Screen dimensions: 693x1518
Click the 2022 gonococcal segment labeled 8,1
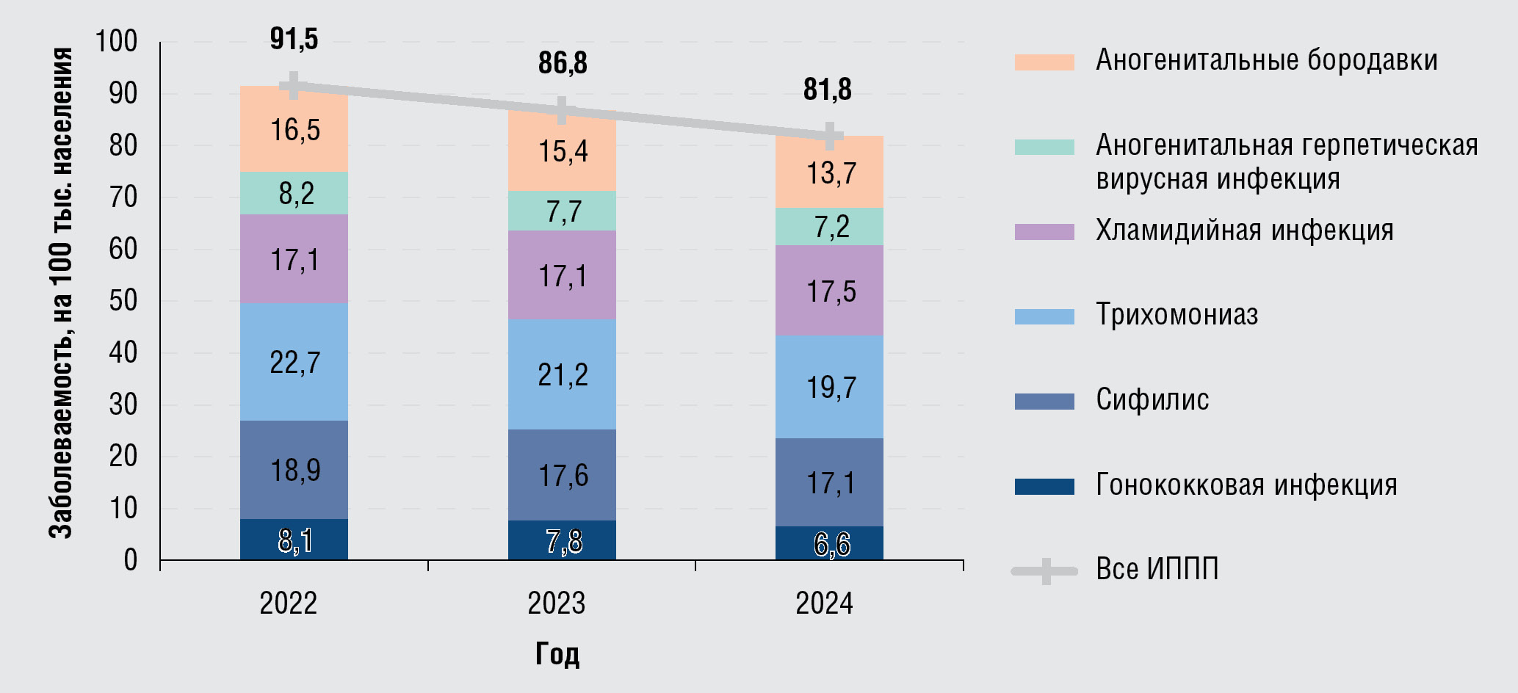click(294, 540)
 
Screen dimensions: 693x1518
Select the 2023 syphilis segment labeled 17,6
click(562, 475)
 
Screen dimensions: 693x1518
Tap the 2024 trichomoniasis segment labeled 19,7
click(830, 387)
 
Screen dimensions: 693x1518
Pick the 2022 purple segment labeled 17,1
click(294, 259)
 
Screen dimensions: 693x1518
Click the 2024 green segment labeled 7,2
click(830, 227)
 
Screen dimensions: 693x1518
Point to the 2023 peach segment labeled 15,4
click(562, 151)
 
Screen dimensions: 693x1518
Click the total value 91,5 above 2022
click(294, 39)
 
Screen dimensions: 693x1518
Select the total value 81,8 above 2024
click(828, 90)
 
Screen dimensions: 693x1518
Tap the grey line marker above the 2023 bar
click(562, 111)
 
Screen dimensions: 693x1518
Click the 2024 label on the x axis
click(824, 603)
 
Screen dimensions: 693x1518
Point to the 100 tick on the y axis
click(116, 42)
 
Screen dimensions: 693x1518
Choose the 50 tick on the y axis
click(123, 301)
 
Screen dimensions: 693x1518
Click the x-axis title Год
click(557, 653)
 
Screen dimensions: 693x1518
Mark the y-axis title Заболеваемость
click(61, 294)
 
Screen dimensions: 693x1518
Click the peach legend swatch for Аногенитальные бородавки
click(1044, 62)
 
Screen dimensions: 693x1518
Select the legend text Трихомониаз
click(1177, 315)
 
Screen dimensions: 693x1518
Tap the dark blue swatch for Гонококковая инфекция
click(1044, 486)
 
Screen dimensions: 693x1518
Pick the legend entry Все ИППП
click(1157, 569)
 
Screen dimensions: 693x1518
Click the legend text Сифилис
click(1152, 400)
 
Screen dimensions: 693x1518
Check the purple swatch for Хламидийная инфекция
click(1044, 232)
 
